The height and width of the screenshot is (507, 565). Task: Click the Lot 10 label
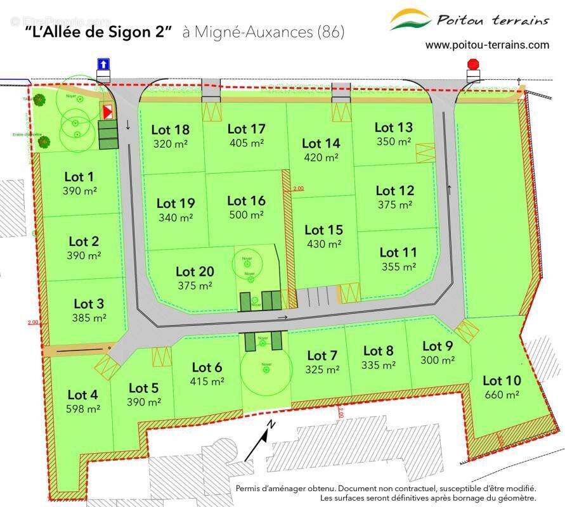[502, 381]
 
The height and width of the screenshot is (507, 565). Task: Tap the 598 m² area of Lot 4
[83, 409]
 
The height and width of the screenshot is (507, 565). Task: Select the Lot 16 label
[246, 201]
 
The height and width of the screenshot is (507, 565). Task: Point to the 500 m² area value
[246, 215]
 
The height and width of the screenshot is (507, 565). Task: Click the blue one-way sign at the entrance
[103, 65]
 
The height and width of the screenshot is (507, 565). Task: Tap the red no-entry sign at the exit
[473, 65]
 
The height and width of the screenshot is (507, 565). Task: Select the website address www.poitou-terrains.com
[487, 44]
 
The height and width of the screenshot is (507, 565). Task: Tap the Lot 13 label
[393, 128]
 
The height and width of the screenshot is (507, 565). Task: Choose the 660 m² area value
[501, 395]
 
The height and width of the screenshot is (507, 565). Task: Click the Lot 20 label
[195, 271]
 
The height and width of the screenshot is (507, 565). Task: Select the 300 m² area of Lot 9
[438, 360]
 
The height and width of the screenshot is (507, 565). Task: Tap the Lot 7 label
[322, 355]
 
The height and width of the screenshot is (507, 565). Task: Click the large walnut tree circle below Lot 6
[266, 370]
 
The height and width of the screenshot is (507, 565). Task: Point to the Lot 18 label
[170, 130]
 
